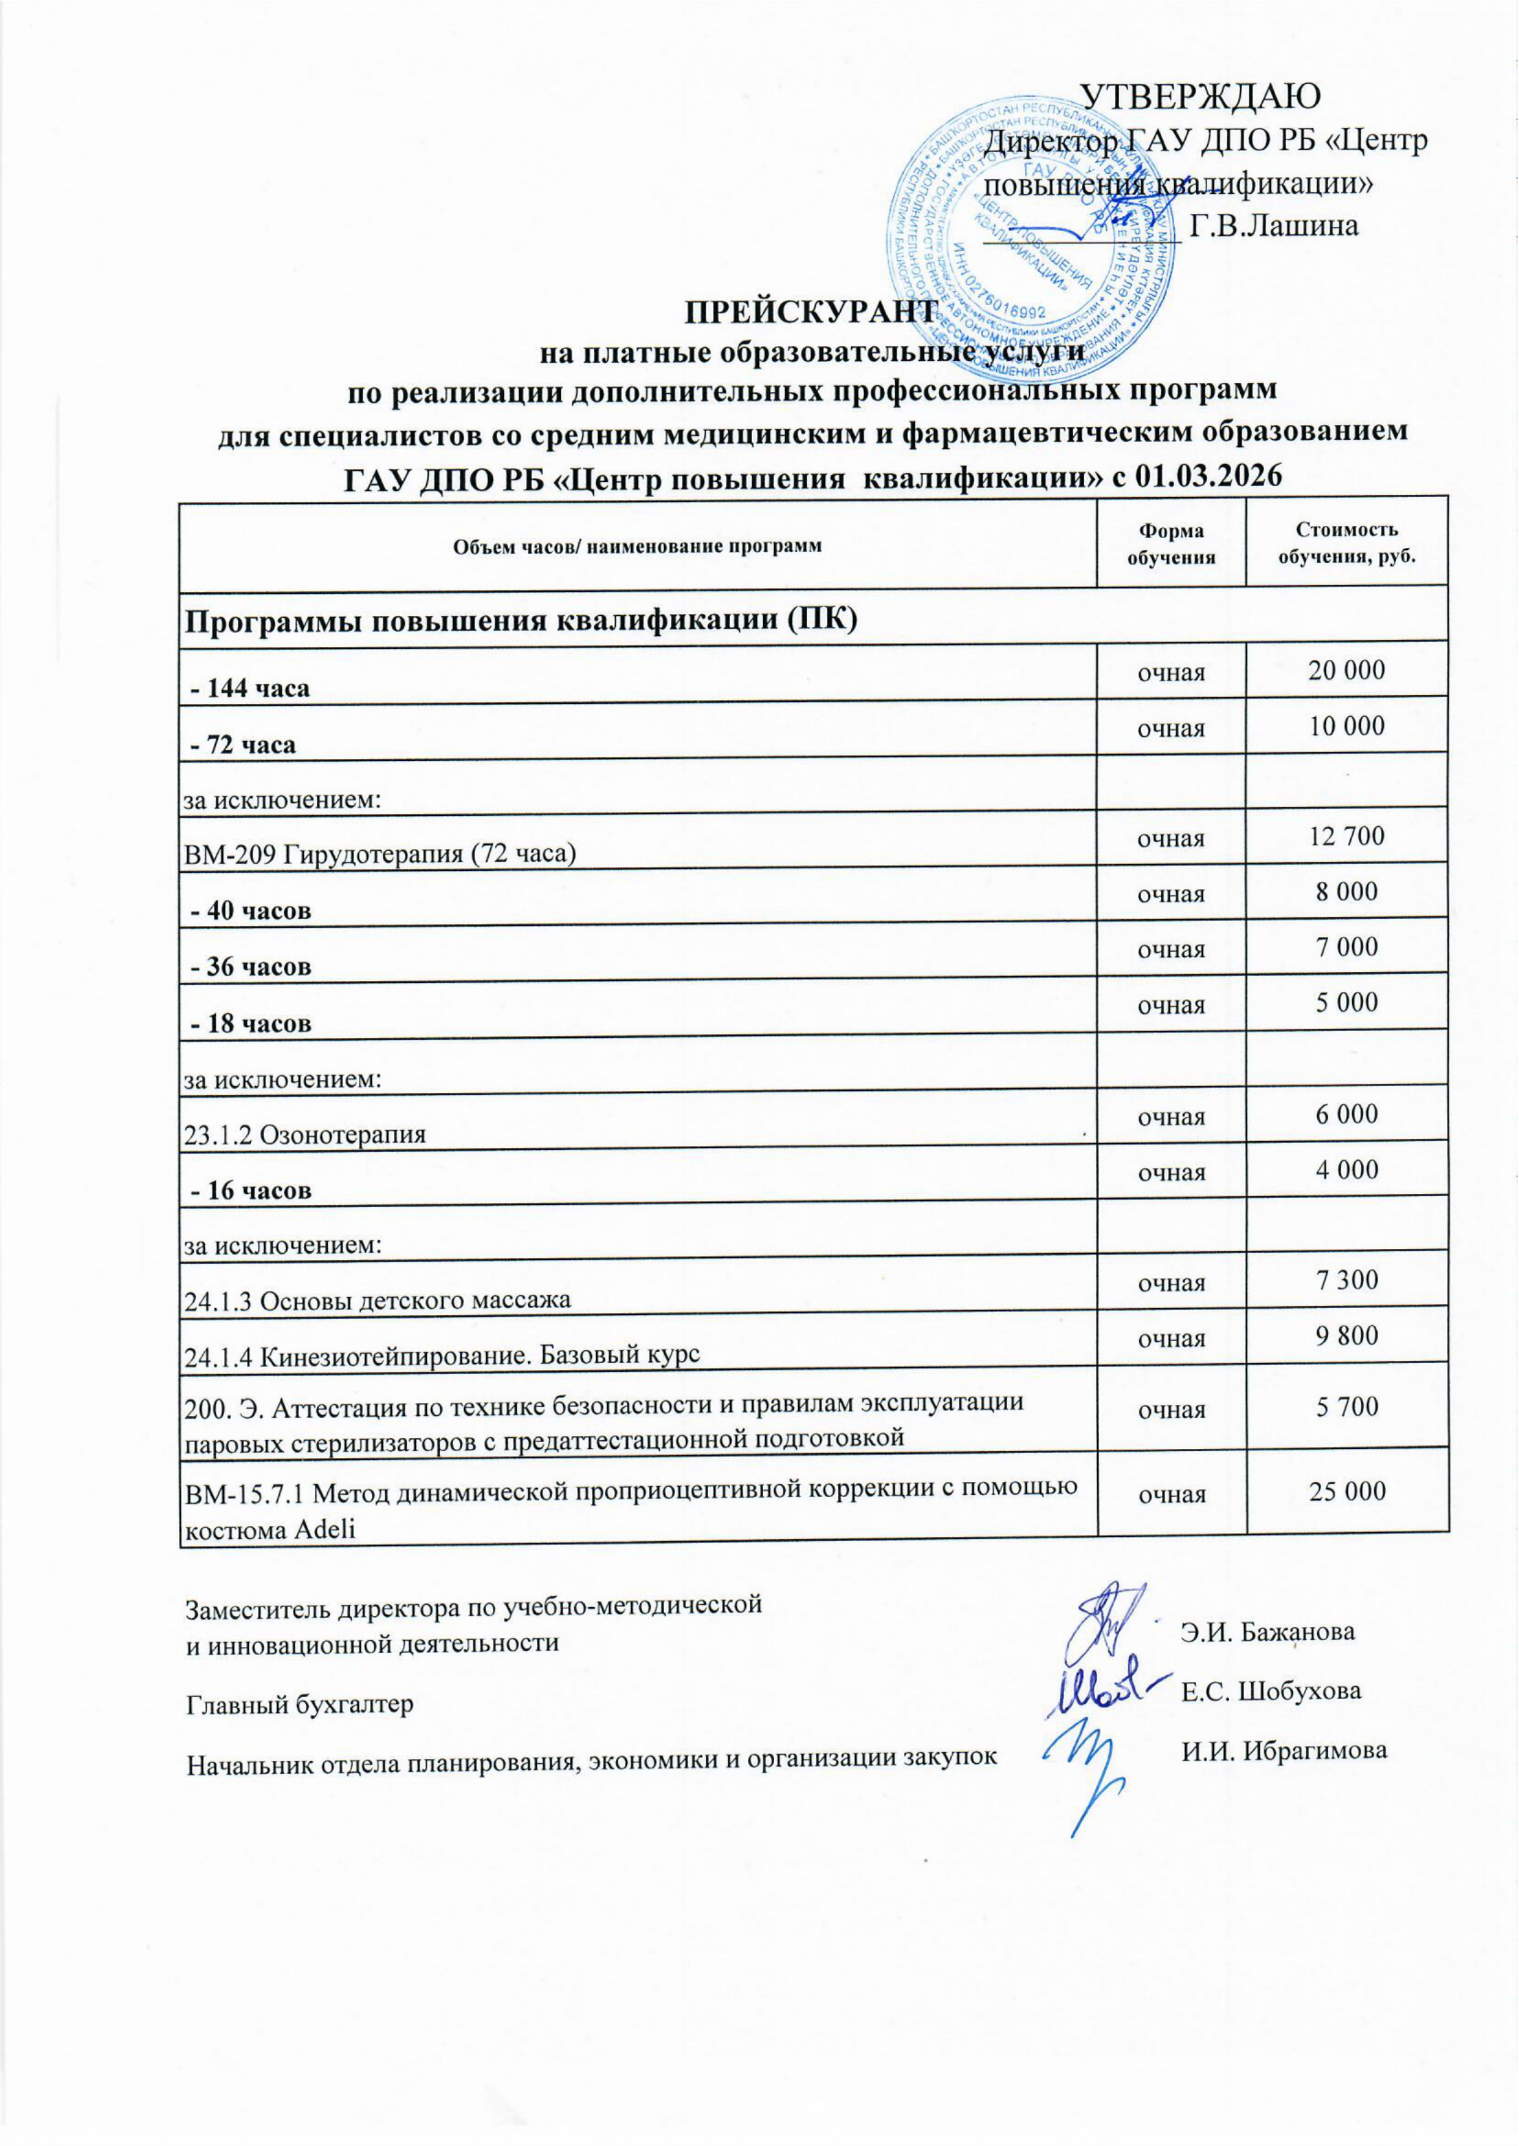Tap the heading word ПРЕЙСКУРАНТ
(811, 311)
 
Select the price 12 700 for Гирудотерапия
(1347, 835)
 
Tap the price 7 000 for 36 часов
(1347, 947)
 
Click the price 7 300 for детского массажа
(1347, 1280)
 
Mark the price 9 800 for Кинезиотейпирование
(1347, 1335)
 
